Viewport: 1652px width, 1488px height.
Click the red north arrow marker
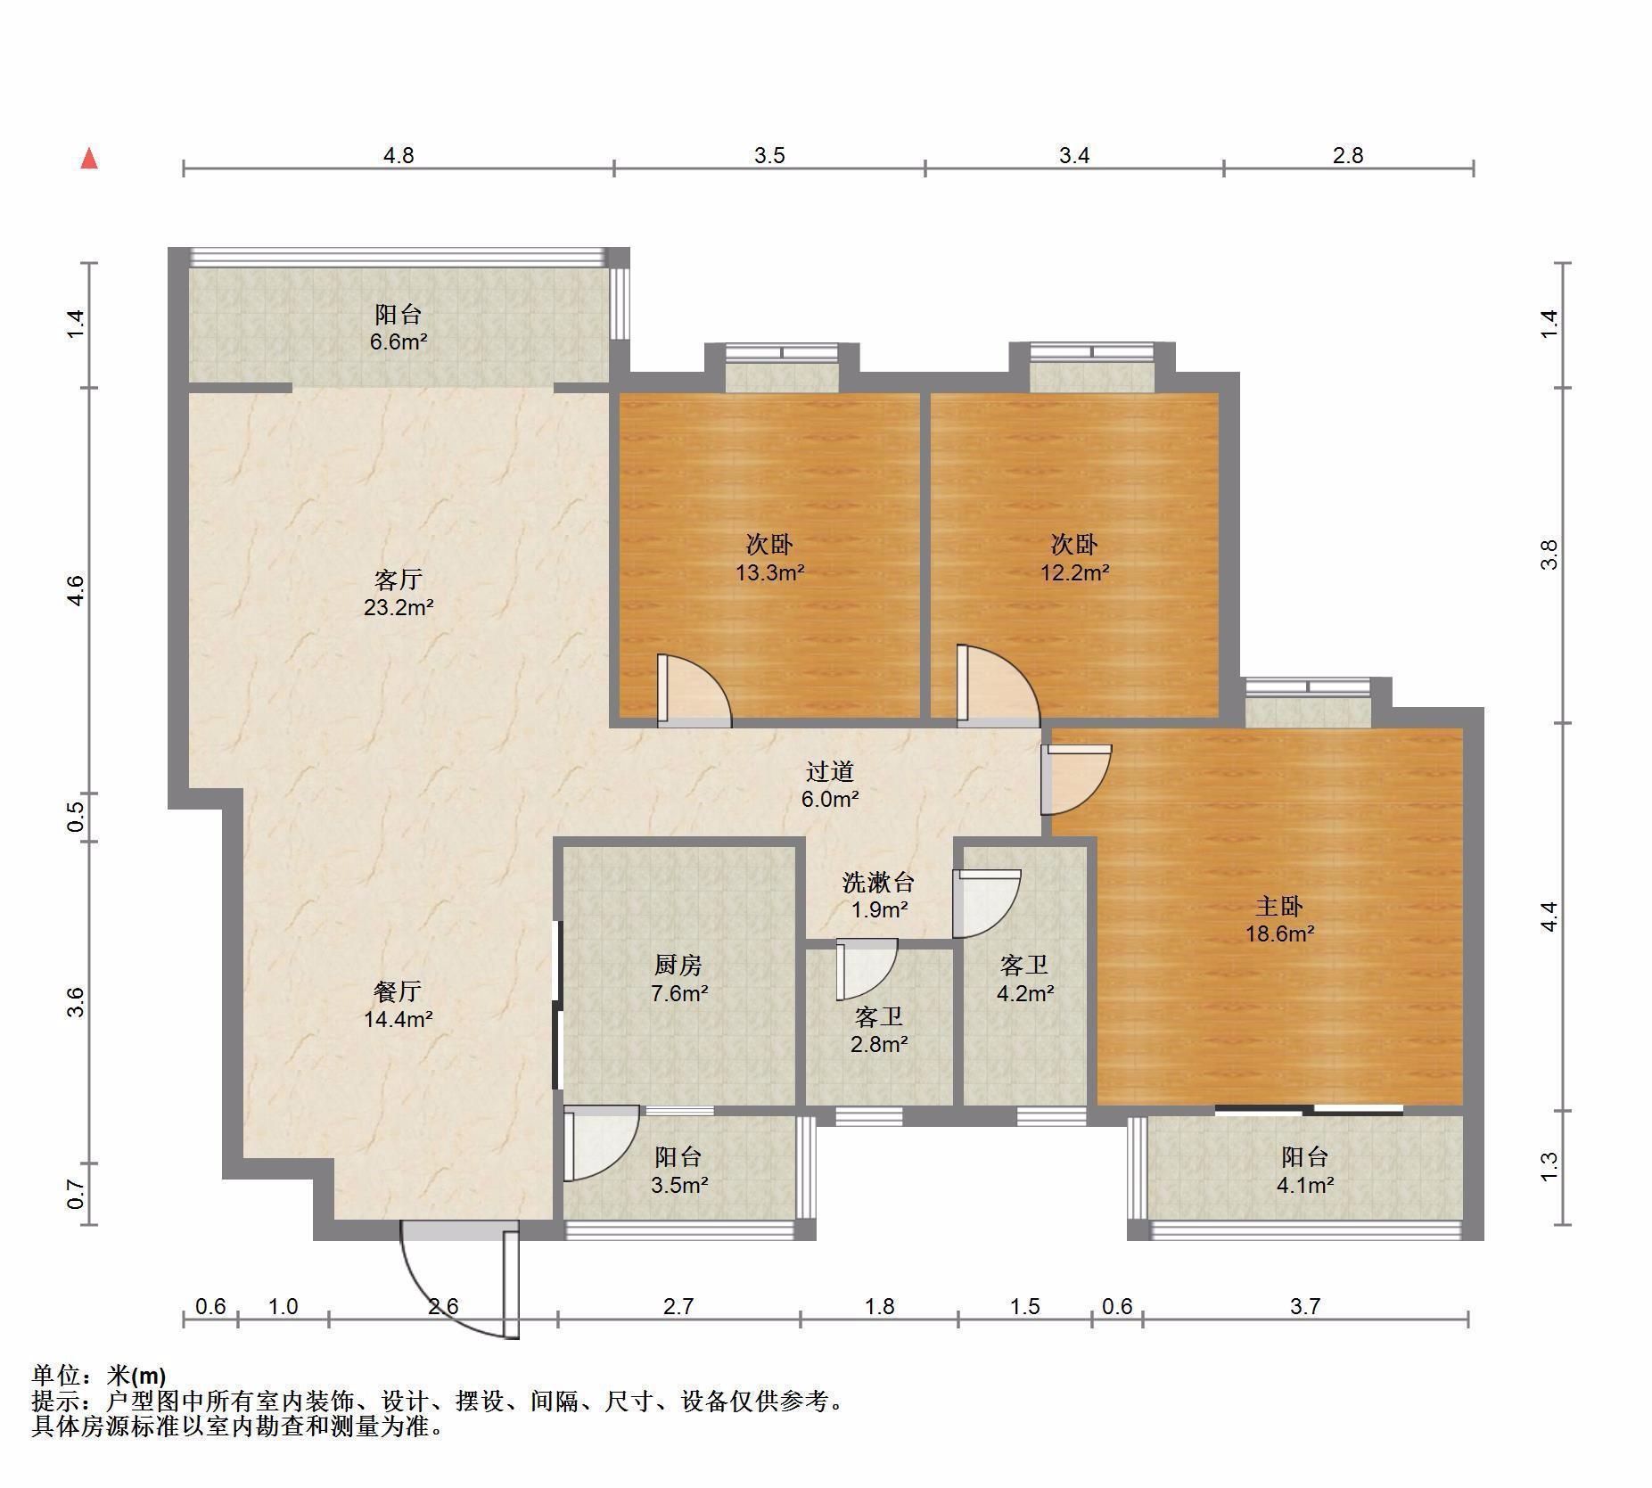[89, 159]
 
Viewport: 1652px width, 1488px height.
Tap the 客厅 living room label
[398, 580]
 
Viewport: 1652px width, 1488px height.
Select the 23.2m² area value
[398, 608]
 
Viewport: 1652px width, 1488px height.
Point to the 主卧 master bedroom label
[1279, 906]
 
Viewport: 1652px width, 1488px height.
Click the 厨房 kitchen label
[678, 964]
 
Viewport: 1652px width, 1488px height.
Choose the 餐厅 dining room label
[398, 991]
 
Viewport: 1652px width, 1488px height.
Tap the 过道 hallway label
[830, 771]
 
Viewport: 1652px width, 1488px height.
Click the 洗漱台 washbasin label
[878, 882]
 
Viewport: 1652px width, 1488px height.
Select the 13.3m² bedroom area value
[769, 572]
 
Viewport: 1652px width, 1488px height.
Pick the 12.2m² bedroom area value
[1074, 572]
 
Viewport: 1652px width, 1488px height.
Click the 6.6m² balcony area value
[399, 342]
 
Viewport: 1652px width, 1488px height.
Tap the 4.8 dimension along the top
[399, 155]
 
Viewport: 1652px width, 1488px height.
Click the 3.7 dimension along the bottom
[1305, 1306]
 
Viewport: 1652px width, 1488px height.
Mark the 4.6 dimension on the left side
[77, 590]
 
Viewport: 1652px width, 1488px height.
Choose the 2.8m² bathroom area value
[879, 1044]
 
